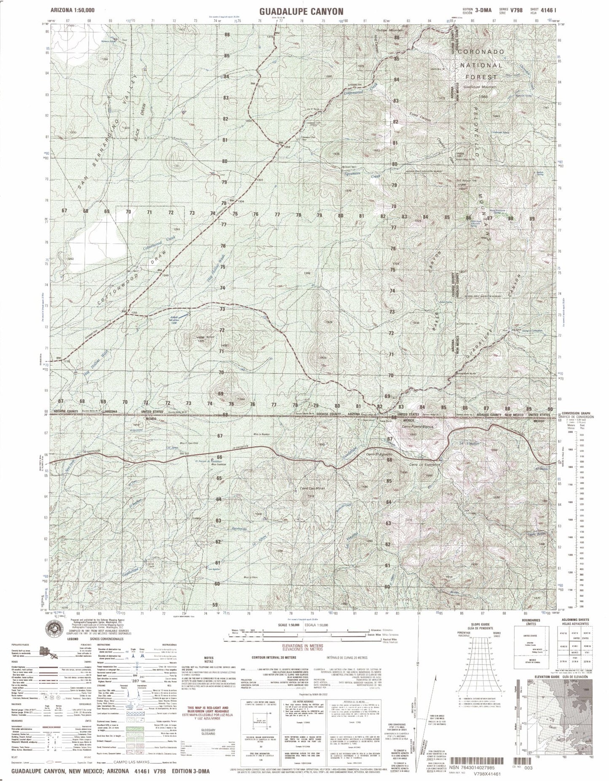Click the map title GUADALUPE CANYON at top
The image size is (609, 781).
(x=304, y=11)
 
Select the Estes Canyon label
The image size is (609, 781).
(x=421, y=119)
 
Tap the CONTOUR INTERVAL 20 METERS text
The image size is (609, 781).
(x=274, y=657)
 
